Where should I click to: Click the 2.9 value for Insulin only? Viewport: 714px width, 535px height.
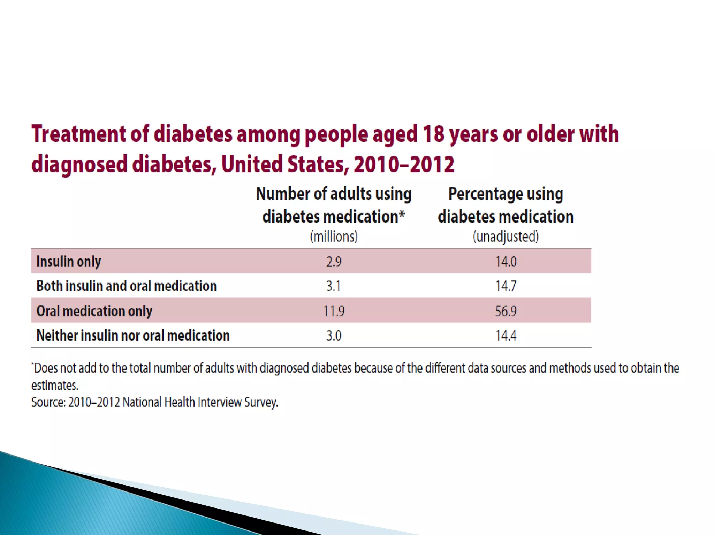point(334,262)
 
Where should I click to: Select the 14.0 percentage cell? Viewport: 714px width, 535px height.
point(506,262)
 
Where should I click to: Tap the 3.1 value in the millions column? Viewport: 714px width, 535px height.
point(333,286)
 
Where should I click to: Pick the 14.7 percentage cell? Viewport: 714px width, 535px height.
point(506,286)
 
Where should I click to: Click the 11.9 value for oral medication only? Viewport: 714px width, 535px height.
point(334,311)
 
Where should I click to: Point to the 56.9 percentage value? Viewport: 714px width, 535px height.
point(506,311)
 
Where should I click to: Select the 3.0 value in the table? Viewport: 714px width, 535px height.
point(334,335)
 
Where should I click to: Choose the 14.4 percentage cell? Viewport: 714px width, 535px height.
point(506,335)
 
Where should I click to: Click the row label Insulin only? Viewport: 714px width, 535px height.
point(69,262)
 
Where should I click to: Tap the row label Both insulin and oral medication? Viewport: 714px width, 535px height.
point(127,286)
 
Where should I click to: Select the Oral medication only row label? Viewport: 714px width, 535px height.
point(94,311)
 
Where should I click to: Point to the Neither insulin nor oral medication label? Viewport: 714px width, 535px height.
point(133,335)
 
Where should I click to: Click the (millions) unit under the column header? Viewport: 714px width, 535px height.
point(334,237)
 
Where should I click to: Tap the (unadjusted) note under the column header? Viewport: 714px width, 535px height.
point(506,237)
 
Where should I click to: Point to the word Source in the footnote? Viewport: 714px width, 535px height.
point(48,402)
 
